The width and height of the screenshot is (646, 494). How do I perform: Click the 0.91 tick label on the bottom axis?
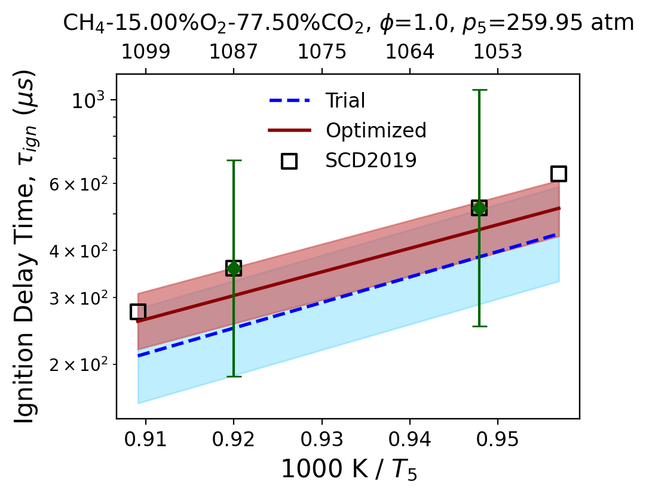[x=146, y=440]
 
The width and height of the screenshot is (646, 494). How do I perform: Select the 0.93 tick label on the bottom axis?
[x=322, y=440]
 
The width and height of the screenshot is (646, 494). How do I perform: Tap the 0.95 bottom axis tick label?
[x=498, y=440]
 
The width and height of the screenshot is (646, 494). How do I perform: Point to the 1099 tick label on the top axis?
[x=146, y=52]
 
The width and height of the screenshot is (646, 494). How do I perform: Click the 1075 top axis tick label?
[x=322, y=52]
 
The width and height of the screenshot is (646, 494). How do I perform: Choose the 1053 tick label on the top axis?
[x=498, y=52]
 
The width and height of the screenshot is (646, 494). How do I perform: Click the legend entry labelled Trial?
[x=345, y=100]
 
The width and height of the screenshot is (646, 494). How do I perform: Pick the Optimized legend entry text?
[x=376, y=130]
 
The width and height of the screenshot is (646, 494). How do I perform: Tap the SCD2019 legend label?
[x=371, y=160]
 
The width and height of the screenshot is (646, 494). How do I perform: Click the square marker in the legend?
[x=289, y=161]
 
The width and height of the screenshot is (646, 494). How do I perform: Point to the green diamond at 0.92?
[x=234, y=269]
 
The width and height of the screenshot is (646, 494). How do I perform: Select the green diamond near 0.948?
[x=479, y=208]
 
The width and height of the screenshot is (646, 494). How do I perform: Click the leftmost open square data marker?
[x=137, y=312]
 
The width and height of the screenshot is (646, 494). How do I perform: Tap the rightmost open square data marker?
[x=559, y=174]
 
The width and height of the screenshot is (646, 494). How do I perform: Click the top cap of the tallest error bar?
[x=479, y=90]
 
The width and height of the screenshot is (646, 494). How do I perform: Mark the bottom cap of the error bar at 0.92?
[x=234, y=376]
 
